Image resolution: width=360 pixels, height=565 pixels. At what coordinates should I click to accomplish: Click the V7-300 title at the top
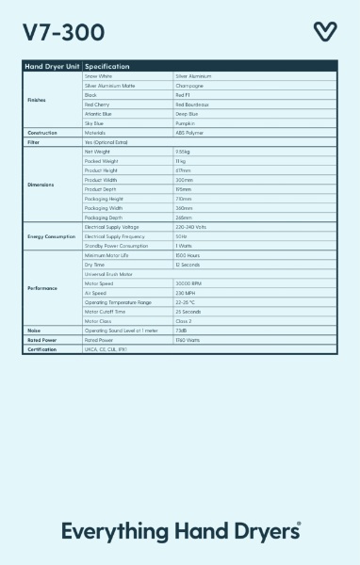[57, 32]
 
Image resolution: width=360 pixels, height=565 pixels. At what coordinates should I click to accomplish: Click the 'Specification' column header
[107, 67]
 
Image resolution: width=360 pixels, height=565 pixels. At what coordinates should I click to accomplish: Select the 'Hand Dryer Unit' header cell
[51, 67]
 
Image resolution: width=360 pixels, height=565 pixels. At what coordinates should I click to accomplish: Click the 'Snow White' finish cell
[99, 76]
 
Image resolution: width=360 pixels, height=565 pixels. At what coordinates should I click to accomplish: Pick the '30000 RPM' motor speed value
[189, 282]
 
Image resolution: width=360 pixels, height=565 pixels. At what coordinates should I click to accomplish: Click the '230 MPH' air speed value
[186, 292]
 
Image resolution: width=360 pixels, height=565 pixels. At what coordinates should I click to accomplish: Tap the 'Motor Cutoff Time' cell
[106, 311]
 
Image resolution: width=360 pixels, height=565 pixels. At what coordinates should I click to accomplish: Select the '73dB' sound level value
[182, 330]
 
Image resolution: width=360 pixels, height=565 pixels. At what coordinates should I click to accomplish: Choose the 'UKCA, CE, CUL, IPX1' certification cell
[106, 348]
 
